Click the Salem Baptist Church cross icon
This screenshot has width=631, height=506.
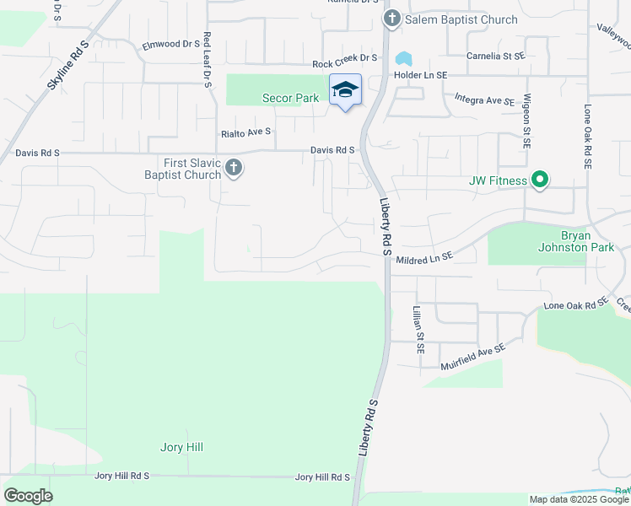[x=391, y=19]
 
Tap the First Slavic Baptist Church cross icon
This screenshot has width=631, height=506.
[x=234, y=169]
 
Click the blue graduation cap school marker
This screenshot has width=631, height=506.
[x=345, y=89]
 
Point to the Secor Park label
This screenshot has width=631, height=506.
[x=290, y=99]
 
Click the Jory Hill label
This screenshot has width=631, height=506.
[x=181, y=447]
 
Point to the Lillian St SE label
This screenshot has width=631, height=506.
[x=418, y=329]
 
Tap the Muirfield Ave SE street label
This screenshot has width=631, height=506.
[x=472, y=357]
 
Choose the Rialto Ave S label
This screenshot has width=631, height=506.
[x=246, y=132]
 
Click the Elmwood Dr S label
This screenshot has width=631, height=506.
[x=170, y=45]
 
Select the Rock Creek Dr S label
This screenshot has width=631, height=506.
[x=344, y=62]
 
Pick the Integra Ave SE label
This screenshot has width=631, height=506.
[x=484, y=100]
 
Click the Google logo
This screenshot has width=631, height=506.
[x=29, y=496]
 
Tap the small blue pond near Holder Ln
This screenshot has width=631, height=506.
[x=403, y=59]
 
